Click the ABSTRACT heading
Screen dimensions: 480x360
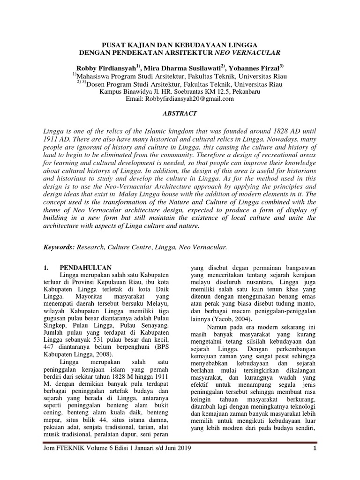coord(180,113)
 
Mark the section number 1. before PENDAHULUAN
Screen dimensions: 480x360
coord(45,268)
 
